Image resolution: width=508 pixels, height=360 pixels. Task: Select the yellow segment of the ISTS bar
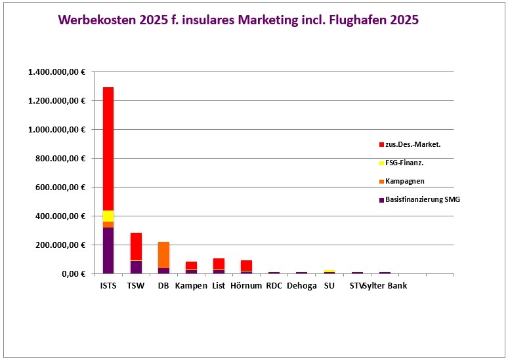(x=108, y=216)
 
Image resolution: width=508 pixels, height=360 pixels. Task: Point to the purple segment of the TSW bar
(x=136, y=267)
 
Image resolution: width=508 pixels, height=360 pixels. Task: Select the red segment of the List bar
(x=219, y=264)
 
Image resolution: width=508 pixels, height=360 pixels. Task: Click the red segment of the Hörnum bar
(x=246, y=265)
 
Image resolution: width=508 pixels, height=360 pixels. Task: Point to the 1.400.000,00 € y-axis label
(x=57, y=72)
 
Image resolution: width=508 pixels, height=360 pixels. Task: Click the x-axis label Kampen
(x=191, y=286)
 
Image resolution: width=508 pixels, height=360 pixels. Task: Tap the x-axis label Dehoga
(x=301, y=286)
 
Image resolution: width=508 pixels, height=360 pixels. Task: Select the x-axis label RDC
(x=274, y=286)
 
